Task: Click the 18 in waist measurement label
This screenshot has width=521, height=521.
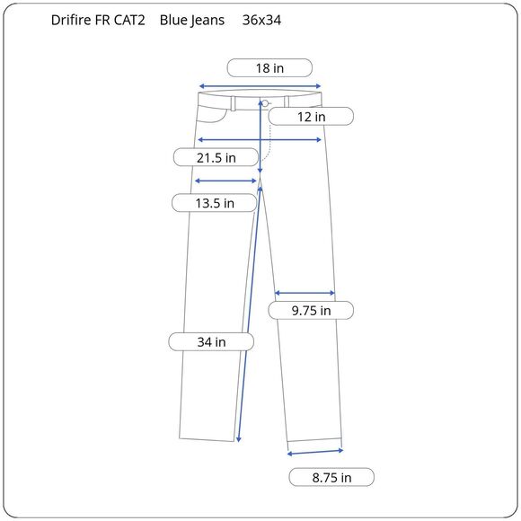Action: click(269, 67)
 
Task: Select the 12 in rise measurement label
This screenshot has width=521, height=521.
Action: click(311, 116)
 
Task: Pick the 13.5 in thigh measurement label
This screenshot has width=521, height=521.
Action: click(214, 203)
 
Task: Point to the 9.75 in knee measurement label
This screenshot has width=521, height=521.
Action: click(311, 311)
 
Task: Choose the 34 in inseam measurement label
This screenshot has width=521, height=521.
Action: click(211, 342)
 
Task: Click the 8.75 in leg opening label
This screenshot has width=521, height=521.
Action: click(331, 478)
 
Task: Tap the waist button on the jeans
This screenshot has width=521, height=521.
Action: click(266, 103)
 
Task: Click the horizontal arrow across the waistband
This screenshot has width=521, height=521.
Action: click(260, 86)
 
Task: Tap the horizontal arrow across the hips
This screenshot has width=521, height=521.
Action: click(260, 139)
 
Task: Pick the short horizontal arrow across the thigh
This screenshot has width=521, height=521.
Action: click(225, 181)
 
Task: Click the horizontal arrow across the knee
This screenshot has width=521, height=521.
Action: click(305, 293)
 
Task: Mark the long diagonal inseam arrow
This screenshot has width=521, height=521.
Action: click(250, 314)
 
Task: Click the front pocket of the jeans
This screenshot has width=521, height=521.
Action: click(216, 112)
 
